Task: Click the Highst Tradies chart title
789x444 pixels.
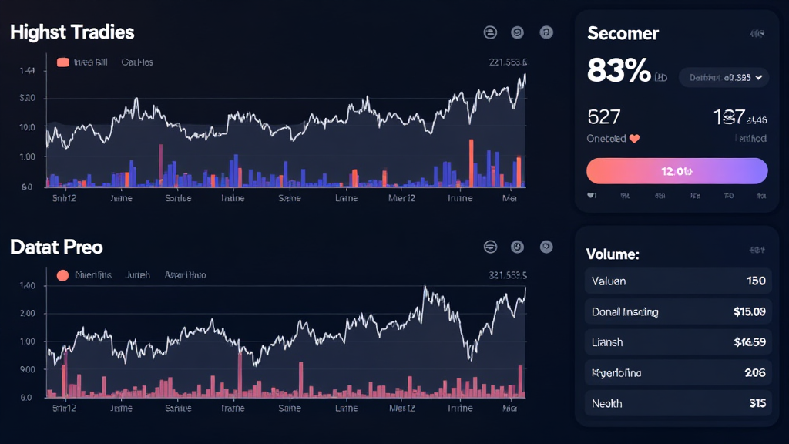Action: pos(72,32)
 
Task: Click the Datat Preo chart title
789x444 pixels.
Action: pos(56,247)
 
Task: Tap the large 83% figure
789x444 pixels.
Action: pos(619,72)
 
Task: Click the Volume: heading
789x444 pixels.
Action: pos(613,254)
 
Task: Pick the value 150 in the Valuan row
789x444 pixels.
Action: pos(756,281)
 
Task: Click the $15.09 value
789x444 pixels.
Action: pos(750,312)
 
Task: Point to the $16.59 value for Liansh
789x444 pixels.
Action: pos(750,342)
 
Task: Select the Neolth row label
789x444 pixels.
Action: pos(607,403)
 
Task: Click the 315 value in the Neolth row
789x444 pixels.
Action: pos(757,403)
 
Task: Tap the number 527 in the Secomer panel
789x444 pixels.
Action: pos(603,117)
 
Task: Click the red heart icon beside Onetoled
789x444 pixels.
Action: pos(635,140)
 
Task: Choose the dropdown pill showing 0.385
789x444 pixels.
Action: pos(723,77)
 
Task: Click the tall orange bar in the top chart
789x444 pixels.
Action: pos(471,163)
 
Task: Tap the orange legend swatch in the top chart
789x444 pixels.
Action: pos(63,62)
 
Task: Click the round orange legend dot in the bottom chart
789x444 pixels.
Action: pos(63,275)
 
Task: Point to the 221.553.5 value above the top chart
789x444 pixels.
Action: pos(508,62)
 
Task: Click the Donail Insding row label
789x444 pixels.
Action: pos(625,312)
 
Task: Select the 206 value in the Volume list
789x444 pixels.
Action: pos(755,373)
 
